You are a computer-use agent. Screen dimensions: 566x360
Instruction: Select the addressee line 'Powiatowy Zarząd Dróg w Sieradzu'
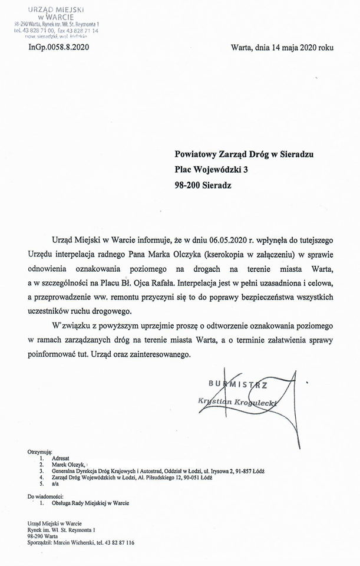point(244,154)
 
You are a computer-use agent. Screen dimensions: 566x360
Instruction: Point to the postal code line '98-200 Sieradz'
point(203,185)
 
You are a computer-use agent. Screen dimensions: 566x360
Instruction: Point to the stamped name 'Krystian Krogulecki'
point(239,402)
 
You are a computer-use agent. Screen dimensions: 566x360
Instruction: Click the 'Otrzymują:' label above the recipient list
point(41,451)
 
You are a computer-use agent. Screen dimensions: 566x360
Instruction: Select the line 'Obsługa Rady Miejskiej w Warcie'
point(90,503)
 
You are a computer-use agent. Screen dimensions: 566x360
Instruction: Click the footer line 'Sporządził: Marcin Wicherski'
point(81,542)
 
